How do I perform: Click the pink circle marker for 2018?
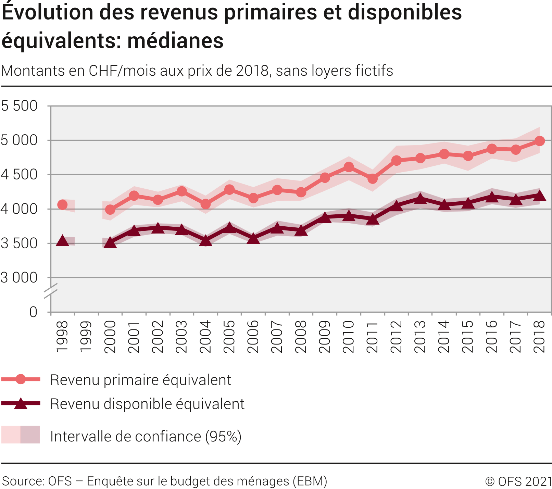pyautogui.click(x=539, y=141)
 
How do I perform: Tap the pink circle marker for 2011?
pyautogui.click(x=373, y=178)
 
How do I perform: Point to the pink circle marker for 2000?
pyautogui.click(x=110, y=209)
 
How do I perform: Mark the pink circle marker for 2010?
pyautogui.click(x=349, y=167)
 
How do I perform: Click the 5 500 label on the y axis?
pyautogui.click(x=19, y=106)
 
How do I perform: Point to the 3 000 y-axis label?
pyautogui.click(x=19, y=278)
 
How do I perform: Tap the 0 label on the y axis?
pyautogui.click(x=33, y=312)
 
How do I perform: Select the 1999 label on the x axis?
pyautogui.click(x=86, y=337)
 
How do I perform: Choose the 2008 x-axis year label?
pyautogui.click(x=301, y=337)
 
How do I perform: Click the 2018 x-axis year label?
pyautogui.click(x=539, y=337)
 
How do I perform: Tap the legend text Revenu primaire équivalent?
pyautogui.click(x=140, y=380)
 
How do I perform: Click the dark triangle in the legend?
pyautogui.click(x=21, y=404)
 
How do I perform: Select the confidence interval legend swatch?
pyautogui.click(x=21, y=435)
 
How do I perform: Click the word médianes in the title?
pyautogui.click(x=175, y=41)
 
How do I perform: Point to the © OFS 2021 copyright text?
pyautogui.click(x=518, y=481)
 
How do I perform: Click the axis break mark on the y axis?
pyautogui.click(x=51, y=291)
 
